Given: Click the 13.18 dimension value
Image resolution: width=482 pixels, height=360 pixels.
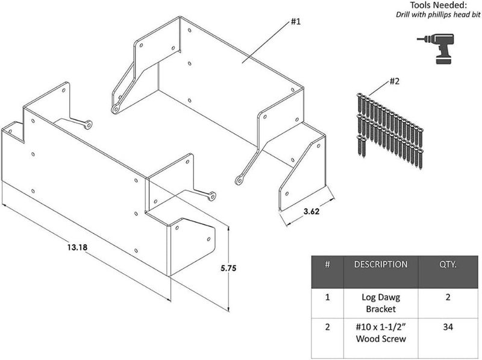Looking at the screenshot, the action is pos(78,247).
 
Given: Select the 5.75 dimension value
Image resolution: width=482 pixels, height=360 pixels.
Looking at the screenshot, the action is pos(228,268).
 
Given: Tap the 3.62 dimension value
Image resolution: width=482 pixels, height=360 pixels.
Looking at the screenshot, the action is pos(311,212).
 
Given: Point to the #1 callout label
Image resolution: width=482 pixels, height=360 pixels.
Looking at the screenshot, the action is pos(296,22).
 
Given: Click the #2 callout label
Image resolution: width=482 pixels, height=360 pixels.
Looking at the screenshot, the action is pos(395,81).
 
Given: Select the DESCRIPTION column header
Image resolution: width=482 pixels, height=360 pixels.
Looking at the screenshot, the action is pos(381,265).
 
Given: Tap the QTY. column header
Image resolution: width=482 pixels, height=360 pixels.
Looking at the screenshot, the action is pos(448,265).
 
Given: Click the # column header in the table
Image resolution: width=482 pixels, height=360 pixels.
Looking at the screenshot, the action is pos(327,265).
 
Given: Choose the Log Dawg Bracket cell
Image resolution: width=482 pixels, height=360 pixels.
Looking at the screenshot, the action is pos(381,303).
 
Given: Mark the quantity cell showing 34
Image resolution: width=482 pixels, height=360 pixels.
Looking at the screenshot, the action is pos(448,327).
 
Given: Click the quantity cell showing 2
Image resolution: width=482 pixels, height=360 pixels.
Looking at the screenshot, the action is pos(448,297).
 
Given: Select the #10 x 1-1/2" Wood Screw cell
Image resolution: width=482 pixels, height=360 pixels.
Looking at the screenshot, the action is pos(381,333).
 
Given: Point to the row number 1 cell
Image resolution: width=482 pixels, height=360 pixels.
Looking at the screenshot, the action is pos(327,297).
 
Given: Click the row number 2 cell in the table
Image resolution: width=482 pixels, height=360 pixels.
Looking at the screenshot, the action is pos(327,327).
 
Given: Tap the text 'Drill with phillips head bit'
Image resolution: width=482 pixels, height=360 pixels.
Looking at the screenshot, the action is pos(438,14).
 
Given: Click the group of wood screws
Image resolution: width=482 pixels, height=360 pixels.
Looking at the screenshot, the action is pos(390,131).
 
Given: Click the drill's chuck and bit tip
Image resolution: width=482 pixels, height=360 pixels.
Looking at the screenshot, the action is pos(424,39).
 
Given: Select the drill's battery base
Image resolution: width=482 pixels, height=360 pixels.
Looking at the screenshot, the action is pos(445,60).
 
